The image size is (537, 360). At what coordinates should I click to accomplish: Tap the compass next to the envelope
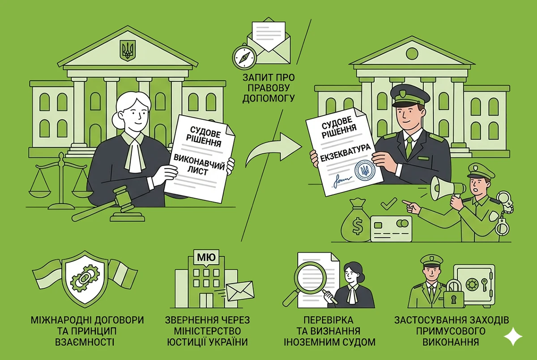point(244,56)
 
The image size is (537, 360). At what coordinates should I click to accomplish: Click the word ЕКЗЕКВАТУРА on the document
point(345,152)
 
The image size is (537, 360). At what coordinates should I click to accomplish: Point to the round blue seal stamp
point(365,170)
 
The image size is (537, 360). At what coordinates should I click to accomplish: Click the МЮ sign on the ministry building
point(206,258)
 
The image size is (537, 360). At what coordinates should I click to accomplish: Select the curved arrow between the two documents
point(273,149)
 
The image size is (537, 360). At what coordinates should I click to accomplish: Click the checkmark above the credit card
point(388,203)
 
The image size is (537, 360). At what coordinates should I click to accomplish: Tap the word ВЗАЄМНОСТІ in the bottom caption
point(85,342)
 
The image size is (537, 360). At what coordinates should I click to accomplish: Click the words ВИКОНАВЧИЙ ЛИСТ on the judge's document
point(199,165)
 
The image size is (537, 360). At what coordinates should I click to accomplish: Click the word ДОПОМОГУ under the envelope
point(268,98)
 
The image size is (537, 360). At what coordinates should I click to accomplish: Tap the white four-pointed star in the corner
point(513,336)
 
